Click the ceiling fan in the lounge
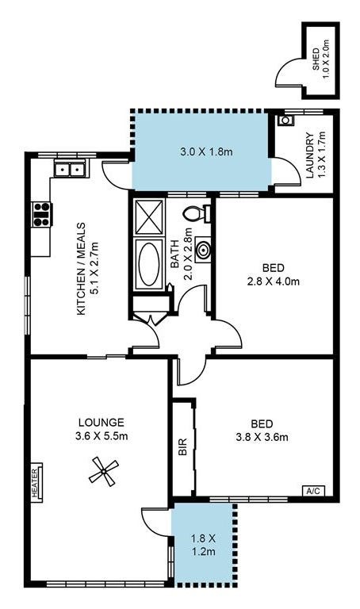(101, 473)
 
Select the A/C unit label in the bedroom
(314, 491)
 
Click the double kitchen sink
(69, 169)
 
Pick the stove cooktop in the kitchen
(41, 214)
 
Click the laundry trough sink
(285, 122)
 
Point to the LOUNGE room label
(101, 428)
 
